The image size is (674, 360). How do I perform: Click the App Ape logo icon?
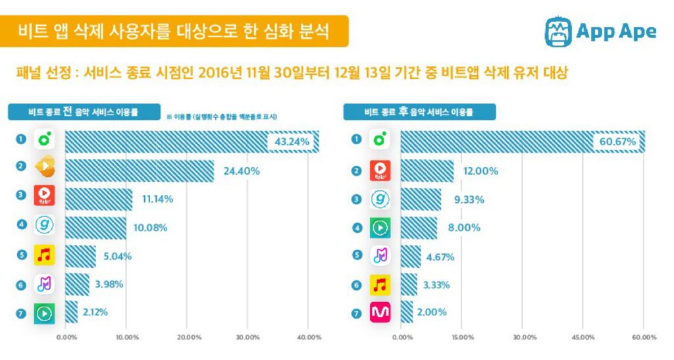pyautogui.click(x=557, y=31)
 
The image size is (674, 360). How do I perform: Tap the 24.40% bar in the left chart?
pyautogui.click(x=139, y=170)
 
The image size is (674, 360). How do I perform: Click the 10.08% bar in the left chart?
pyautogui.click(x=95, y=228)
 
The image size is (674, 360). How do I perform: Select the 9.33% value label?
pyautogui.click(x=467, y=199)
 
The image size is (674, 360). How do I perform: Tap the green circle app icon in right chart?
pyautogui.click(x=379, y=139)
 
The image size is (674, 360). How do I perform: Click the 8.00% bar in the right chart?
pyautogui.click(x=419, y=228)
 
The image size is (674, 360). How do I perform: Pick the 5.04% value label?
pyautogui.click(x=117, y=256)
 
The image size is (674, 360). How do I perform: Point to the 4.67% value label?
pyautogui.click(x=443, y=256)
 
